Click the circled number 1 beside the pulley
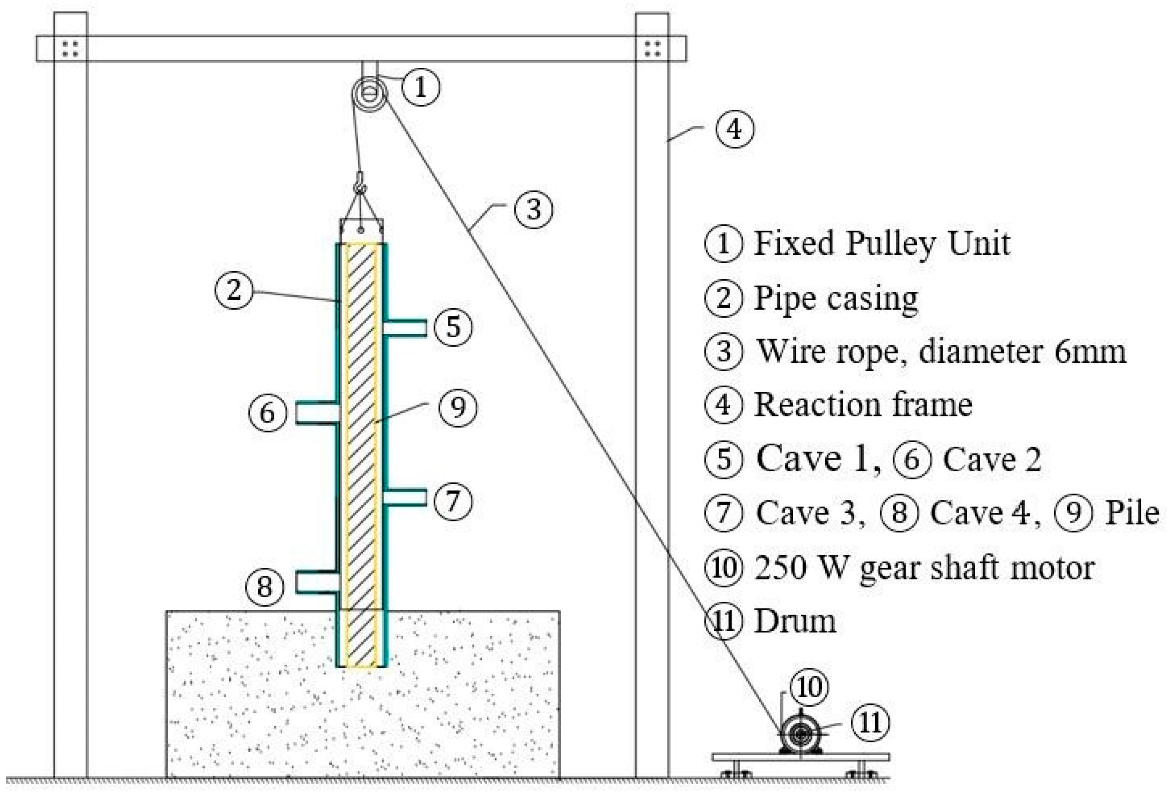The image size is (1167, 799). (x=421, y=87)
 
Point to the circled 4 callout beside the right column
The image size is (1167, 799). (x=735, y=129)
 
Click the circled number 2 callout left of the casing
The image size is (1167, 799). (x=234, y=290)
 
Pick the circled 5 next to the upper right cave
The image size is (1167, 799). (x=453, y=327)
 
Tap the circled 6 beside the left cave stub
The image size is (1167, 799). (x=268, y=413)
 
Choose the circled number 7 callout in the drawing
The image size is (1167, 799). (x=453, y=500)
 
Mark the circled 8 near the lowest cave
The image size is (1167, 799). (x=265, y=586)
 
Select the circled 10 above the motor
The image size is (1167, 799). (x=809, y=687)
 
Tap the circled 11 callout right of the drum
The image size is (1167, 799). (x=870, y=723)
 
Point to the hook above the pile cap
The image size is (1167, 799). (x=360, y=183)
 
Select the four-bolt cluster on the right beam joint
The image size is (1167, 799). (x=652, y=49)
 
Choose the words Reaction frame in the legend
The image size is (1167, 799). (x=863, y=405)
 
